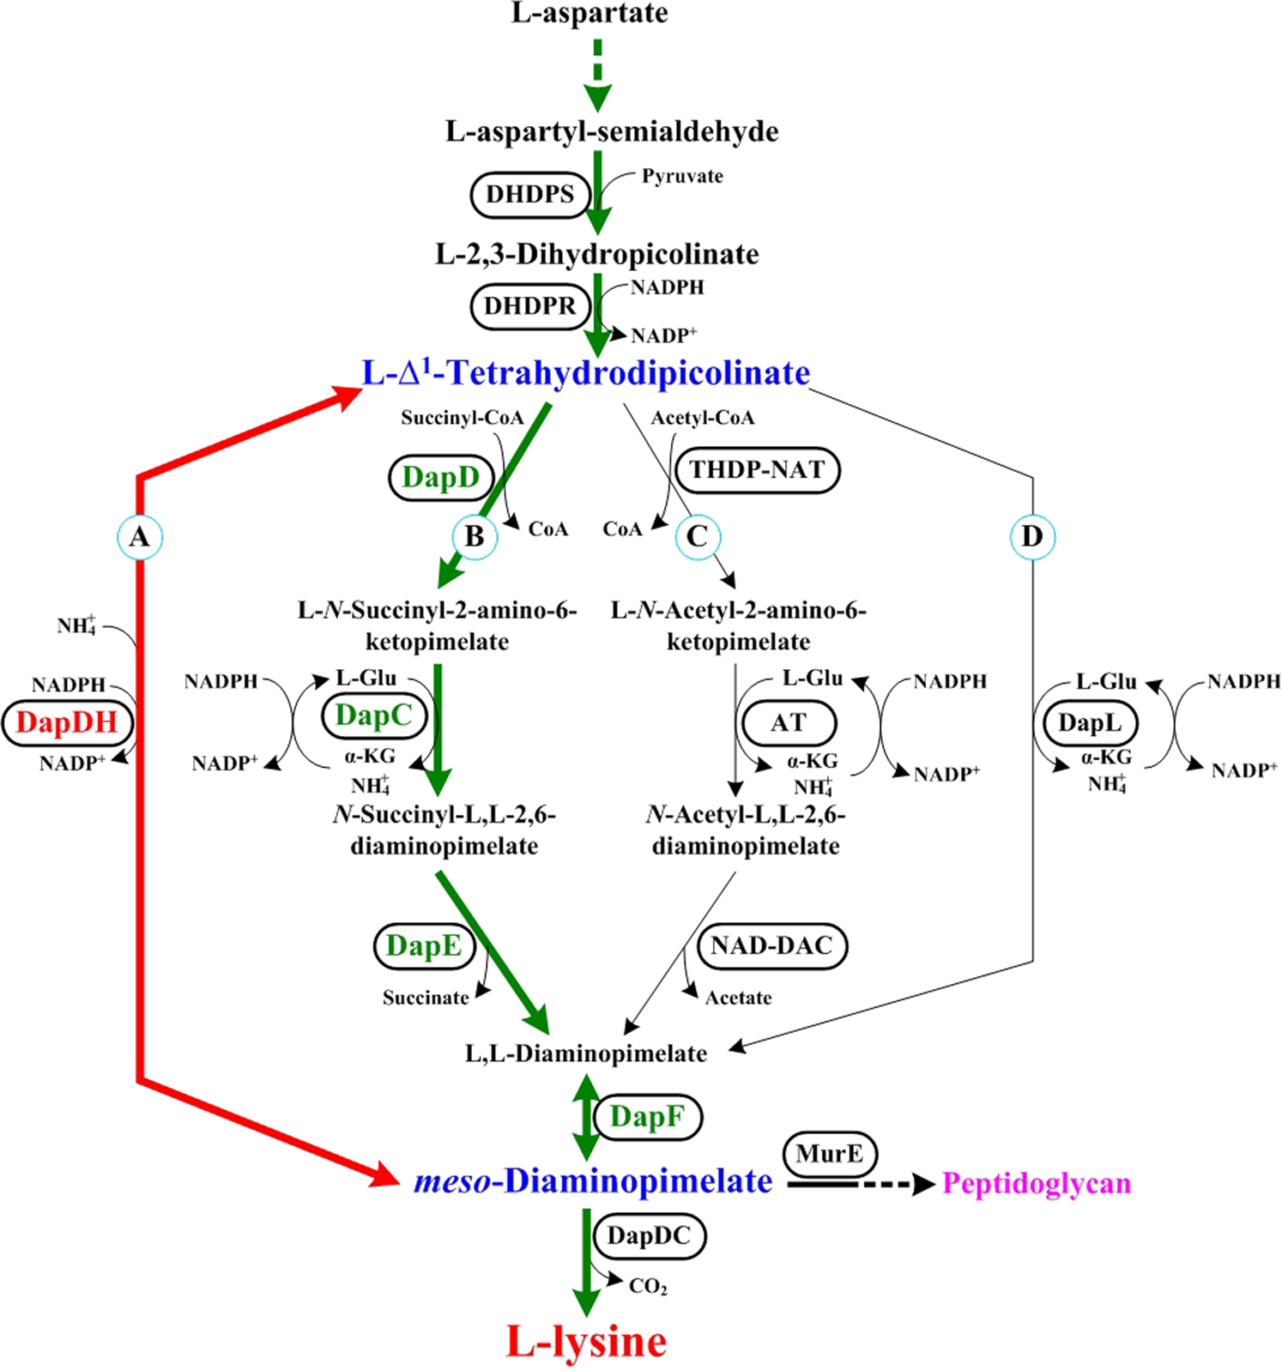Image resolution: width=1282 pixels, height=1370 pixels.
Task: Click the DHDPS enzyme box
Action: pyautogui.click(x=530, y=195)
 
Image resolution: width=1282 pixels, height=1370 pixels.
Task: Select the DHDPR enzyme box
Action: pyautogui.click(x=530, y=306)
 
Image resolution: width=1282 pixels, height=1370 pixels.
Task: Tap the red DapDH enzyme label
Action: pyautogui.click(x=67, y=722)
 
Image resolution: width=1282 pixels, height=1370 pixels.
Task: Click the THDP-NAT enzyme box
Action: pyautogui.click(x=757, y=470)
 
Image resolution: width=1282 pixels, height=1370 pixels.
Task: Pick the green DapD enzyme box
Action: pyautogui.click(x=441, y=477)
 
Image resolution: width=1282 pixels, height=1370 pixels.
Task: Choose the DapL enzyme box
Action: pyautogui.click(x=1089, y=723)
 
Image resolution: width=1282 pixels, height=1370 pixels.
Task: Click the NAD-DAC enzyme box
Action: pyautogui.click(x=771, y=945)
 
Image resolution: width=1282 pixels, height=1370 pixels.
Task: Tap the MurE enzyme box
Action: pyautogui.click(x=829, y=1154)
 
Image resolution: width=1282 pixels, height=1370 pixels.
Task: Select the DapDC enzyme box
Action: pyautogui.click(x=649, y=1236)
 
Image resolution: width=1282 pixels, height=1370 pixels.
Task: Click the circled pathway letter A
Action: pyautogui.click(x=139, y=537)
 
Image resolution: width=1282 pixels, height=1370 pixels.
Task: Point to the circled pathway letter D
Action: pyautogui.click(x=1031, y=537)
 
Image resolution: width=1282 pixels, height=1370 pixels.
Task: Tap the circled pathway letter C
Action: pyautogui.click(x=697, y=537)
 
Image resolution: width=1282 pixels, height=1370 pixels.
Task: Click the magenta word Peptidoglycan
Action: pyautogui.click(x=1036, y=1184)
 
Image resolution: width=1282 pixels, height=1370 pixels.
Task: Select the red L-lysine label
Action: pyautogui.click(x=586, y=1341)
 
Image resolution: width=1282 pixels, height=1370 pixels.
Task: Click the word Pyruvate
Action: pyautogui.click(x=682, y=177)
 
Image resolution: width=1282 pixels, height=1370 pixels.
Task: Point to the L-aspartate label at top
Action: pyautogui.click(x=590, y=13)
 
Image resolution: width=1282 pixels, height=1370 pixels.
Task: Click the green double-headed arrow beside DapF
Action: pyautogui.click(x=586, y=1117)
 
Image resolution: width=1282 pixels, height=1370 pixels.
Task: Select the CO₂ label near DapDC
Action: pyautogui.click(x=648, y=1286)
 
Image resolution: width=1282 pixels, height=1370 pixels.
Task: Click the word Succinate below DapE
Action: pyautogui.click(x=426, y=998)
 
